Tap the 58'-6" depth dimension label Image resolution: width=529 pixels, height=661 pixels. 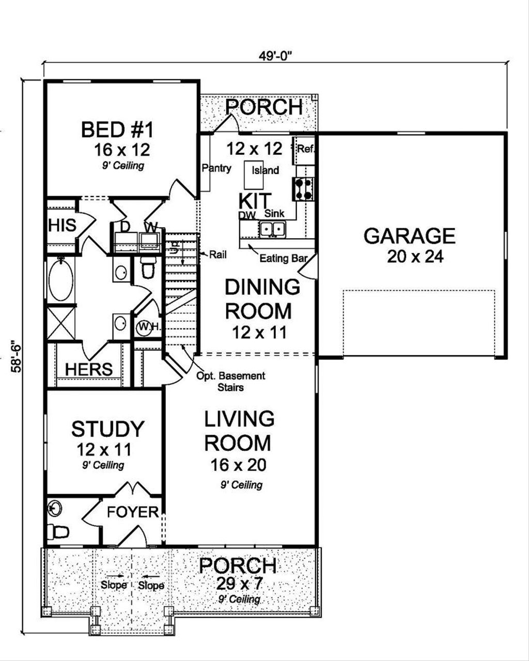click(x=17, y=356)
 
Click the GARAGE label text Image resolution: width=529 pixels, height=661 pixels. click(x=409, y=236)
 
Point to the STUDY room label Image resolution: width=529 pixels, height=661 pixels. click(x=107, y=429)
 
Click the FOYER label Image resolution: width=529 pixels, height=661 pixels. click(x=133, y=512)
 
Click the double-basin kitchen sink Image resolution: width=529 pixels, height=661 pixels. click(x=272, y=228)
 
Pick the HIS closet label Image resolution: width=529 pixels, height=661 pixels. click(x=62, y=226)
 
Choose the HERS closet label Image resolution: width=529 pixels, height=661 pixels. click(x=89, y=369)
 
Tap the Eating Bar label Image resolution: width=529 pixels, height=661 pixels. click(x=283, y=258)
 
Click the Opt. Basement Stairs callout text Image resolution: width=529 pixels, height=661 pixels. click(x=230, y=381)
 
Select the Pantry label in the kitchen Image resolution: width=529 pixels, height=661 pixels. click(x=216, y=168)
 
